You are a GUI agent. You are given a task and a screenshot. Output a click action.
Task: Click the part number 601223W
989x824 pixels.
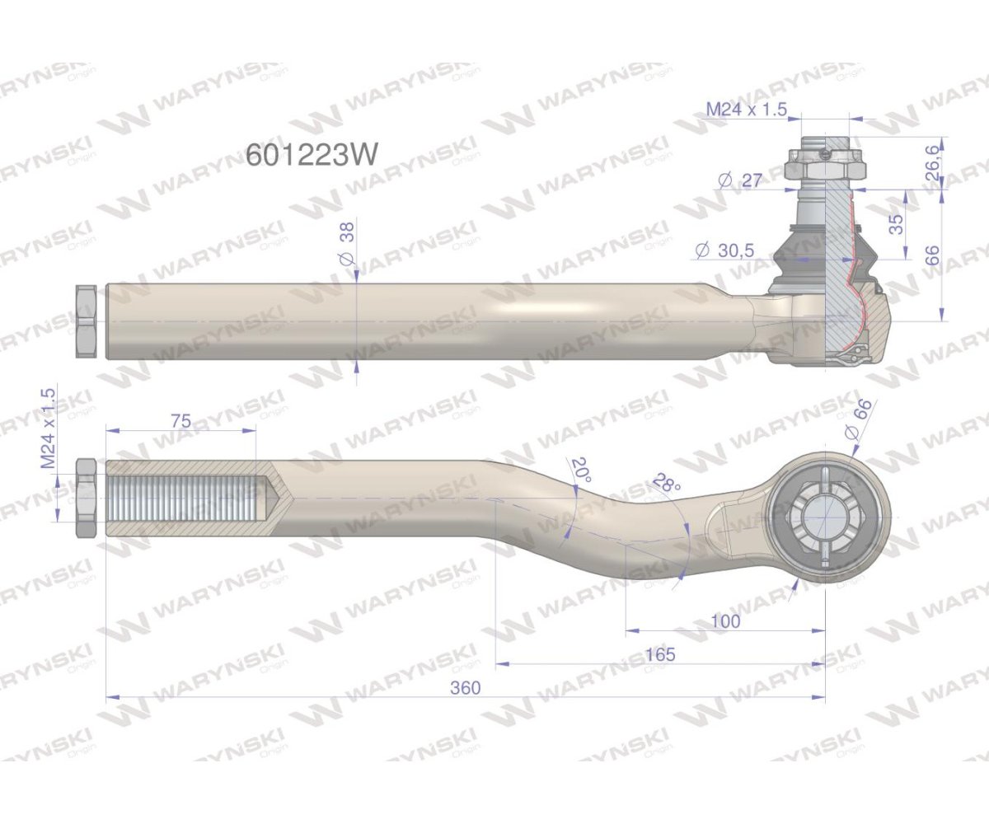pyautogui.click(x=312, y=154)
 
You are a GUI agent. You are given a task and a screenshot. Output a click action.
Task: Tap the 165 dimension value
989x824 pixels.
pyautogui.click(x=660, y=654)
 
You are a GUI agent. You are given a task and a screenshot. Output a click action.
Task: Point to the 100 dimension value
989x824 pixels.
pyautogui.click(x=724, y=621)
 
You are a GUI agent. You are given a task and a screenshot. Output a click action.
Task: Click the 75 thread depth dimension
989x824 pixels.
pyautogui.click(x=180, y=421)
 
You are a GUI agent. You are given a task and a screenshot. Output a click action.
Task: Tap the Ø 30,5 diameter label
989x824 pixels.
pyautogui.click(x=724, y=250)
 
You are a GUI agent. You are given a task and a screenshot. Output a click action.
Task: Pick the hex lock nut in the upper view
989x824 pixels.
pyautogui.click(x=87, y=321)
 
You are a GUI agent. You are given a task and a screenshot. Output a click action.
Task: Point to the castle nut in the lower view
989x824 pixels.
pyautogui.click(x=824, y=517)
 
